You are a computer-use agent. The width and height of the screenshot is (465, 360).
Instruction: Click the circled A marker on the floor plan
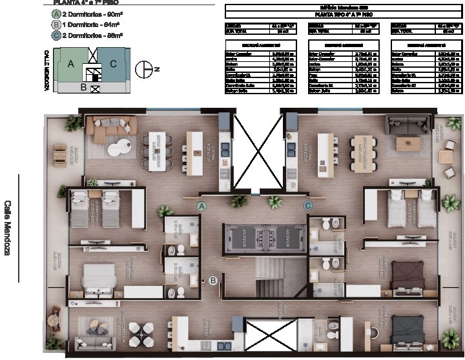pyautogui.click(x=201, y=206)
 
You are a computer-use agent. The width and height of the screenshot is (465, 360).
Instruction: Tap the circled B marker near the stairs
pyautogui.click(x=212, y=280)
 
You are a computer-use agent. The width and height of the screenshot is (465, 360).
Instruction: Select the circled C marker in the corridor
pyautogui.click(x=308, y=206)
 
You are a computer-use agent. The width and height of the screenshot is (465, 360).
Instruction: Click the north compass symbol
pyautogui.click(x=143, y=68)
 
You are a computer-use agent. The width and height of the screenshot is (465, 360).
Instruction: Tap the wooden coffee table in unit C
pyautogui.click(x=408, y=142)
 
